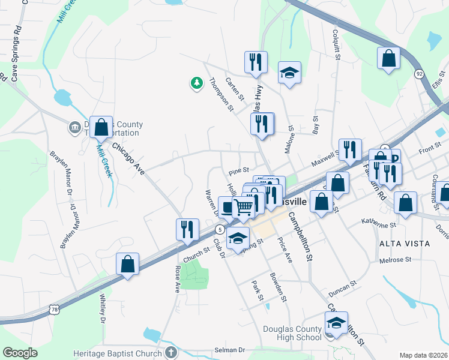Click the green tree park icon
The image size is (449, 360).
coord(196,83)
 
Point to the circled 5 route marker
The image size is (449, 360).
coord(221,230)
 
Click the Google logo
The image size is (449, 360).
coord(20,353)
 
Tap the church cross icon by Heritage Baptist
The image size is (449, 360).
coord(170,352)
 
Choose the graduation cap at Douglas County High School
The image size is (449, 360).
coord(336,324)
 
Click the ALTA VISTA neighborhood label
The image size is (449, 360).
coord(405,244)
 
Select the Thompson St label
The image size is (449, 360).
coord(221,94)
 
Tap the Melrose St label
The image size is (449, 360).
coord(396,260)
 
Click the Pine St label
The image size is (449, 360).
coord(238,170)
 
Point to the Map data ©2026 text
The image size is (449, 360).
coord(423,355)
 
